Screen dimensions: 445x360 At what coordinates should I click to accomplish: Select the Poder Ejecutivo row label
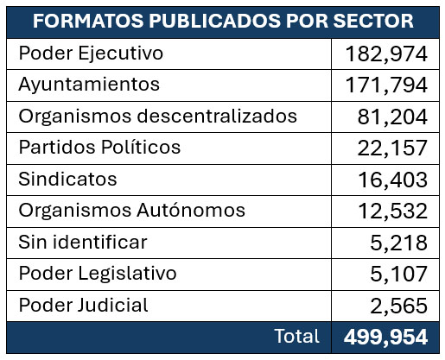coord(91,54)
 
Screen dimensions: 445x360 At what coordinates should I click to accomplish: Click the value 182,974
coord(386,54)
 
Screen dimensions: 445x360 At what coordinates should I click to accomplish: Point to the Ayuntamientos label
coord(89,85)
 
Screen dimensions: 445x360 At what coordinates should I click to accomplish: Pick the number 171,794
coord(386,85)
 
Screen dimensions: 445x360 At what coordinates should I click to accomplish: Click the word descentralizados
coord(217,116)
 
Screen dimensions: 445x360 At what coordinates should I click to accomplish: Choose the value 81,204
coord(392,117)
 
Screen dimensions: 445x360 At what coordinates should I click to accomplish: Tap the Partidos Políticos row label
coord(99,147)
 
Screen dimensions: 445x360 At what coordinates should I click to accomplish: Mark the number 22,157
coord(392,148)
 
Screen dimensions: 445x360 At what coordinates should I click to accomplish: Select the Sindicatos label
coord(67,179)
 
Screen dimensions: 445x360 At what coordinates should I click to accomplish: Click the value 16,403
coord(393,180)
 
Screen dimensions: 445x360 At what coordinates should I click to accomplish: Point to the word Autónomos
coord(191,210)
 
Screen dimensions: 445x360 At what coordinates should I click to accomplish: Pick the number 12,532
coord(393,211)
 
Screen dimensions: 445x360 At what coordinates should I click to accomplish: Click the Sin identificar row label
coord(83,242)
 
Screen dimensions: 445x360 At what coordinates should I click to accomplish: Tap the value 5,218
coord(399,243)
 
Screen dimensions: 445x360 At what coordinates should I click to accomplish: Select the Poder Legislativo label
coord(98,274)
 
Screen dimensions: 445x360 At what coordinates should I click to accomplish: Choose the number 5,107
coord(399,274)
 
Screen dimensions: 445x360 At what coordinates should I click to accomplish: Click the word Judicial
coord(113,305)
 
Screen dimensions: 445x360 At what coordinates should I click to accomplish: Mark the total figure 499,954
coord(385,337)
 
